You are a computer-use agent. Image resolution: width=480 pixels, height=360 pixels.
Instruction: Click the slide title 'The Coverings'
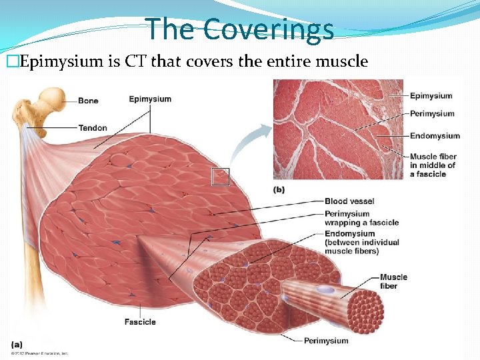[x=240, y=29]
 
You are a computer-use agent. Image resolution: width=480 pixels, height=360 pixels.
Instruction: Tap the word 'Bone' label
[x=88, y=101]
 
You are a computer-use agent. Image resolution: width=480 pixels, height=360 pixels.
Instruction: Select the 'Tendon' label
[x=92, y=128]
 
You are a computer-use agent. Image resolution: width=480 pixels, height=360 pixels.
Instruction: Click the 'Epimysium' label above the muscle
[x=150, y=99]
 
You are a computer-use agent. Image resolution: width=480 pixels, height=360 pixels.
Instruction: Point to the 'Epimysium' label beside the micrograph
[x=431, y=96]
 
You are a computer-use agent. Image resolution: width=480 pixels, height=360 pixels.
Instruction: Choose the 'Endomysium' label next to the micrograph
[x=435, y=136]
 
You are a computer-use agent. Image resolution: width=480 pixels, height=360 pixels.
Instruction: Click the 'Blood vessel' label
[x=349, y=201]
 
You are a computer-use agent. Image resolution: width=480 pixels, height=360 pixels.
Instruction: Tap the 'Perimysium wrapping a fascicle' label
[x=361, y=218]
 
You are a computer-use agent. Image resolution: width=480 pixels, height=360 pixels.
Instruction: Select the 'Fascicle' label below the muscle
[x=140, y=322]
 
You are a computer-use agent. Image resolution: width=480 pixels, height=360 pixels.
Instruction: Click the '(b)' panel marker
[x=279, y=189]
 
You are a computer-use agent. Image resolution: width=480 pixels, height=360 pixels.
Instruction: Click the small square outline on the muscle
[x=220, y=177]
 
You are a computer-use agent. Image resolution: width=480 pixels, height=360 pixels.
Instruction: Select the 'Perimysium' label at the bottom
[x=326, y=341]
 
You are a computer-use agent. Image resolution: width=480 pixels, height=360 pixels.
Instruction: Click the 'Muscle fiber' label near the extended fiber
[x=393, y=281]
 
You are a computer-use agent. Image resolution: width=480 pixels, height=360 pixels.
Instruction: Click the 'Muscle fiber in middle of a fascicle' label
[x=433, y=165]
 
